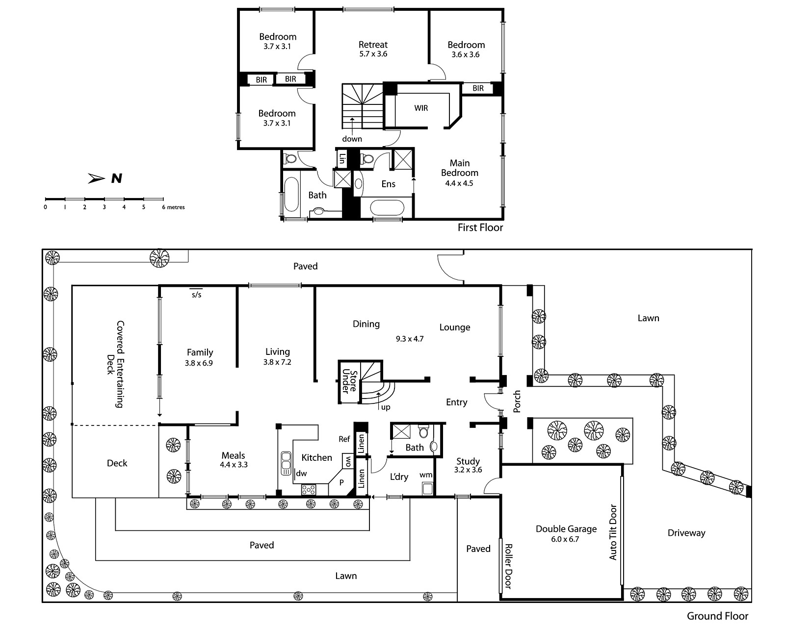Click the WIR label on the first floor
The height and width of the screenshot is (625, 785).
[x=421, y=108]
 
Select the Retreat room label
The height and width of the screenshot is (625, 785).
[x=373, y=45]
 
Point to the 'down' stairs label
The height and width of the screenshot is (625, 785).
[x=352, y=139]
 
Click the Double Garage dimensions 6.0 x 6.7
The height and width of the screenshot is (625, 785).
[x=566, y=539]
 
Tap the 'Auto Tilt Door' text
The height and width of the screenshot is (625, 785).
[x=613, y=532]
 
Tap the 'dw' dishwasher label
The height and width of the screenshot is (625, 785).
[x=301, y=473]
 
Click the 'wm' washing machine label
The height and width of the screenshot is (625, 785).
[x=426, y=475]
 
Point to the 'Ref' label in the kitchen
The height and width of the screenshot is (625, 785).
[x=344, y=439]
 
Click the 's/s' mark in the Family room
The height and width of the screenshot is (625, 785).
[x=196, y=295]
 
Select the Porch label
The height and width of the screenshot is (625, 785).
[x=517, y=401]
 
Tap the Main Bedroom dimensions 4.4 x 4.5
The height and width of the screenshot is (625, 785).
[x=459, y=183]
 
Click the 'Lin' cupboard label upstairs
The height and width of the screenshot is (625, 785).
[x=342, y=159]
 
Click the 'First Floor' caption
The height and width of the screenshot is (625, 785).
[x=480, y=227]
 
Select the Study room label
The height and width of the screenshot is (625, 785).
[x=468, y=461]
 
